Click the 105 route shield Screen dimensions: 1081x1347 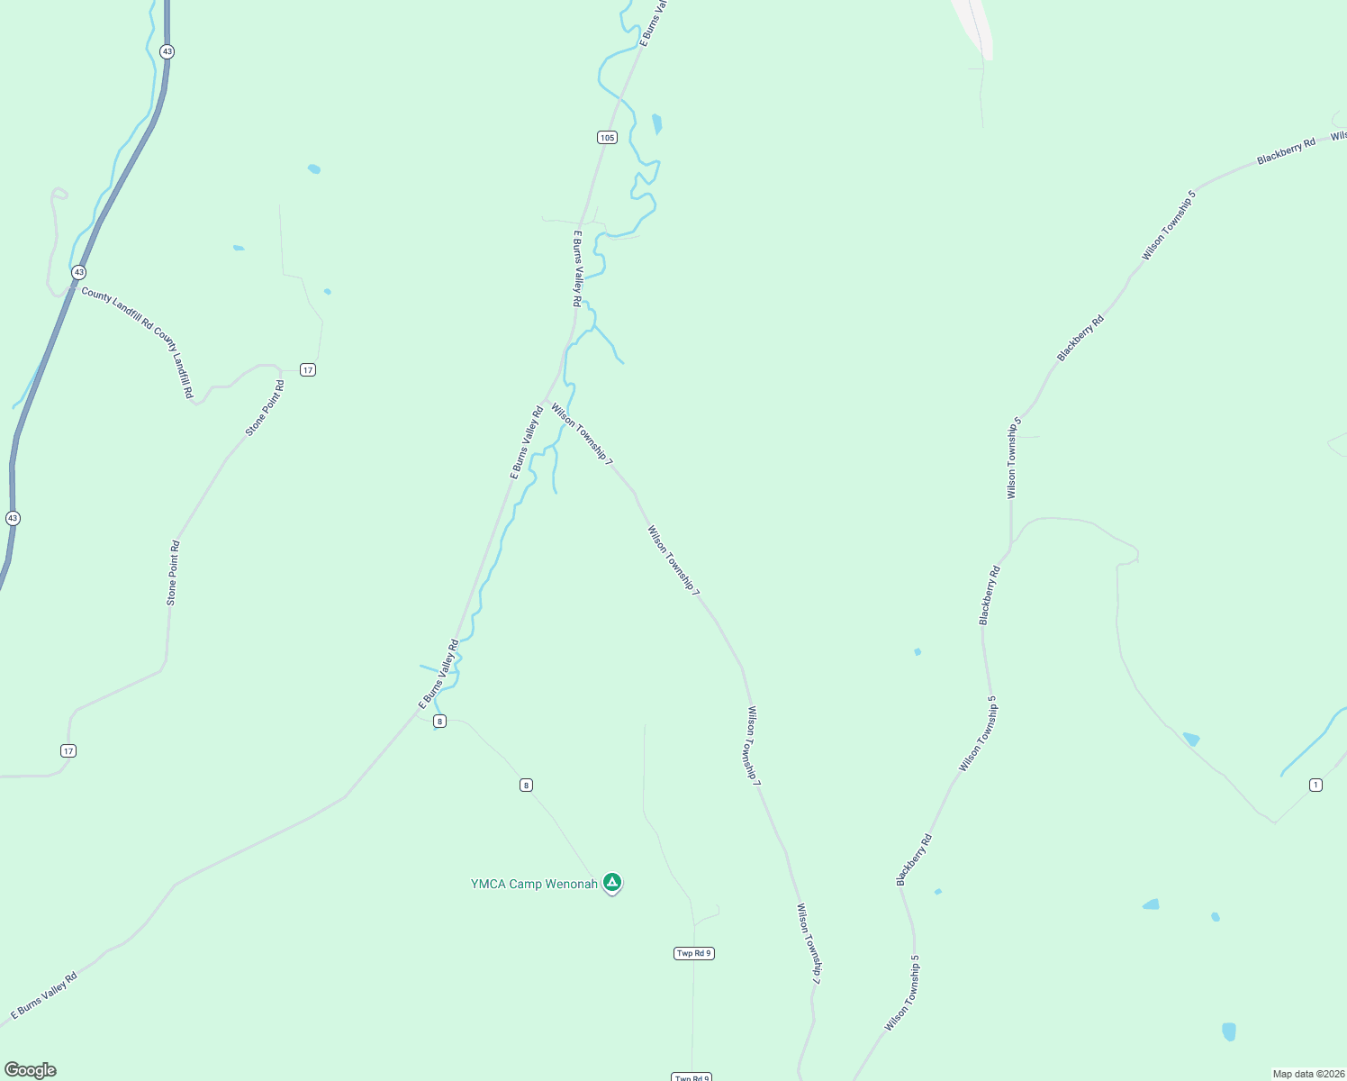[x=607, y=137]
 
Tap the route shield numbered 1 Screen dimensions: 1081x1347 [x=1315, y=785]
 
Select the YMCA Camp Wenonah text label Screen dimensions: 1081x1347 [x=533, y=884]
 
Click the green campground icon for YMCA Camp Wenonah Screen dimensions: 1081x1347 [x=612, y=882]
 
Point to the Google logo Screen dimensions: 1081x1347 [x=30, y=1070]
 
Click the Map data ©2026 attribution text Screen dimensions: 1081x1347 [x=1307, y=1074]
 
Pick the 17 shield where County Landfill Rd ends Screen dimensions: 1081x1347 [x=308, y=369]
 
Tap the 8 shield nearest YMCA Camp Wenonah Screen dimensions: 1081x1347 [x=526, y=785]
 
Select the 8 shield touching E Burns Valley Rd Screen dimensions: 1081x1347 [x=439, y=721]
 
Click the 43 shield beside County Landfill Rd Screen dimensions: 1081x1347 [x=79, y=271]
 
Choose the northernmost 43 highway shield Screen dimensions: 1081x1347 [x=167, y=51]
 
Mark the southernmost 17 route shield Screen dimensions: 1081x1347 [x=68, y=750]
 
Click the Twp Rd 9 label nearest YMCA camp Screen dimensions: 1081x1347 [x=693, y=953]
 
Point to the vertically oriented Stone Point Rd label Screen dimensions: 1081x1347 [x=172, y=573]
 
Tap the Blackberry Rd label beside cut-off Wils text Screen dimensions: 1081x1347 [x=1286, y=150]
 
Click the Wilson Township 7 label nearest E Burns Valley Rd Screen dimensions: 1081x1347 [x=582, y=434]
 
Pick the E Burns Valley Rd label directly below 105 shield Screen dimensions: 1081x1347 [x=577, y=268]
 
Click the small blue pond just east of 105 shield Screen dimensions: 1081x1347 [x=657, y=123]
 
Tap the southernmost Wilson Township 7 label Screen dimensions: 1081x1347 [x=809, y=943]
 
